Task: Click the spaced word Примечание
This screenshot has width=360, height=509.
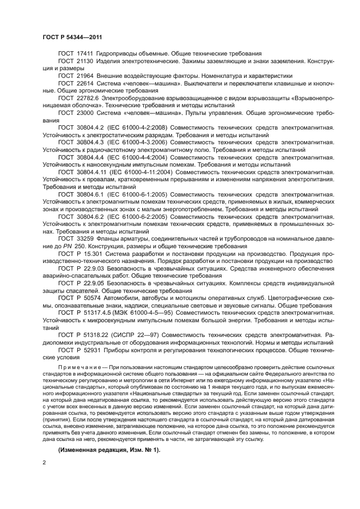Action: [x=76, y=367]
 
